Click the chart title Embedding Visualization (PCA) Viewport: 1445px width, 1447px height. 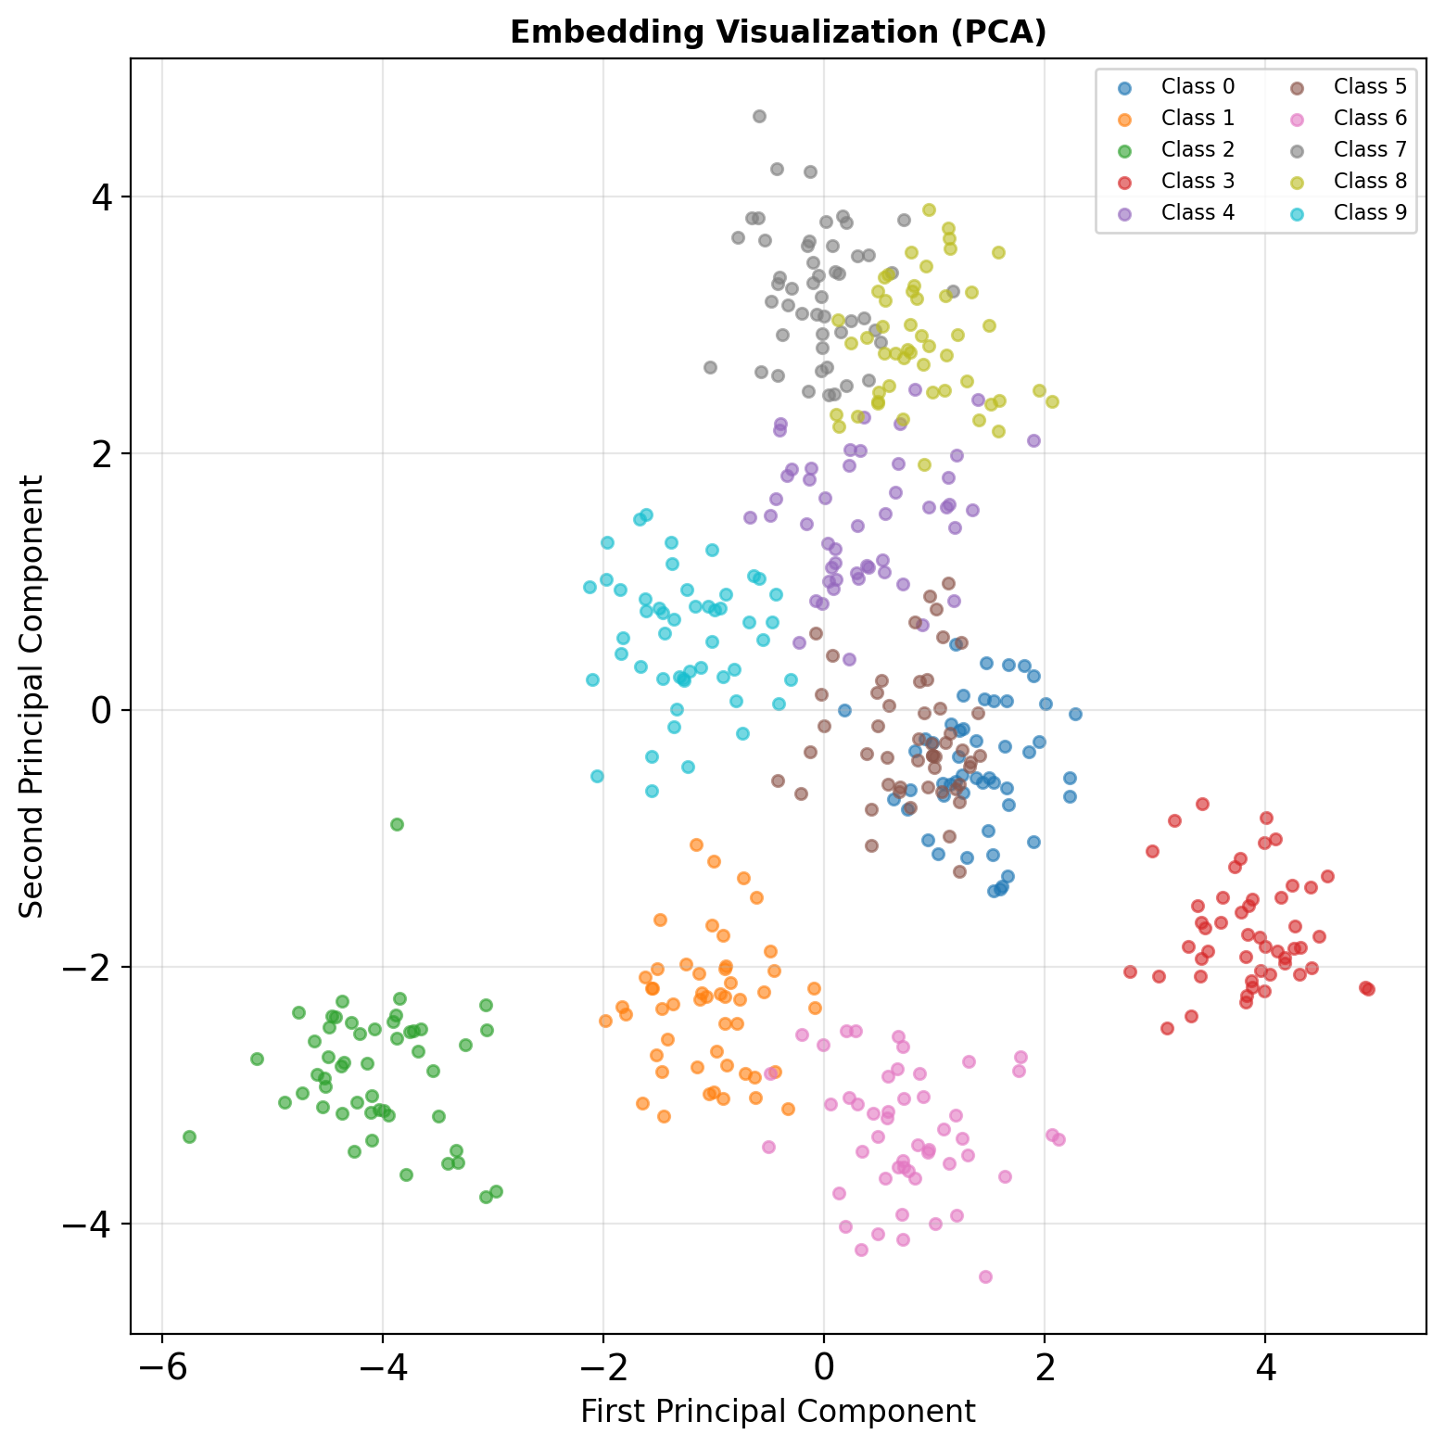point(778,32)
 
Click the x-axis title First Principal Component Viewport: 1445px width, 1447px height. point(778,1411)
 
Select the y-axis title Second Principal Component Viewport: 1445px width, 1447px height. point(32,696)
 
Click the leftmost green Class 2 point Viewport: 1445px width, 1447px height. point(189,1136)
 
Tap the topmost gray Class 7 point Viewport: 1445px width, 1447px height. point(759,116)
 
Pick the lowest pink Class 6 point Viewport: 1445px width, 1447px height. point(985,1276)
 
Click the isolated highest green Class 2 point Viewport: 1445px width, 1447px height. point(397,824)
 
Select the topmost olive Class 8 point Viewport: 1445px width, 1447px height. point(929,209)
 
